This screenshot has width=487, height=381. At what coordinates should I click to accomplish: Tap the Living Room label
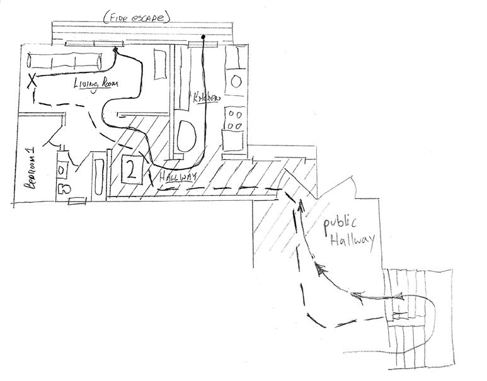coord(96,85)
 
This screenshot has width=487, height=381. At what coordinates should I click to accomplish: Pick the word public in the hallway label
coord(340,225)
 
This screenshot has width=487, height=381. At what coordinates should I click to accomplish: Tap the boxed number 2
coord(131,169)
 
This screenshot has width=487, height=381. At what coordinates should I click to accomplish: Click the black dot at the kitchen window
coord(203,38)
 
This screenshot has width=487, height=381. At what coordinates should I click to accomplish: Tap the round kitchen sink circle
coord(237,81)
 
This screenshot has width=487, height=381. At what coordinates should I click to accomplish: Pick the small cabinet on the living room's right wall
coord(157,70)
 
